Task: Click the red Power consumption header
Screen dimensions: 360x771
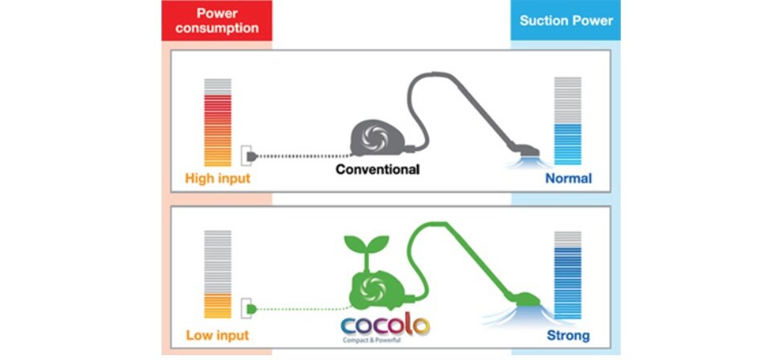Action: coord(217,20)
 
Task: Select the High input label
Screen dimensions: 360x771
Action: coord(218,178)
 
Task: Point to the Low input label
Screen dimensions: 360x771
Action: coord(217,334)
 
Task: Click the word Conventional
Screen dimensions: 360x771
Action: coord(377,170)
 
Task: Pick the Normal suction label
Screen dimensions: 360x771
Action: coord(568,178)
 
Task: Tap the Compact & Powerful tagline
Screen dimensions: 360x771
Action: coord(383,342)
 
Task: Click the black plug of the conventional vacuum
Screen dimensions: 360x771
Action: coord(253,153)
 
